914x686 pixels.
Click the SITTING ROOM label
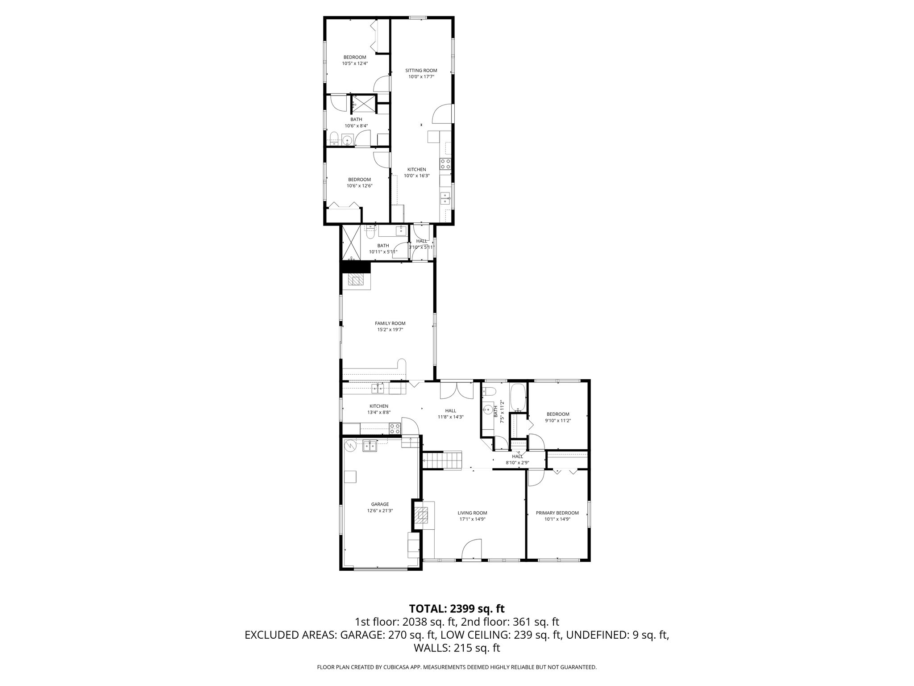click(421, 71)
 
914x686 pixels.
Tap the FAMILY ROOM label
click(390, 323)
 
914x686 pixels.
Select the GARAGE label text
click(380, 504)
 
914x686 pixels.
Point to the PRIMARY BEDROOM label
click(557, 513)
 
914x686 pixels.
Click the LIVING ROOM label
click(472, 513)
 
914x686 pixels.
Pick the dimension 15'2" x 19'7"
click(390, 330)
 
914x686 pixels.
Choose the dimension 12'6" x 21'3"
click(380, 510)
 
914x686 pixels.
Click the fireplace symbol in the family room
click(356, 280)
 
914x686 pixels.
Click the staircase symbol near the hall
click(442, 460)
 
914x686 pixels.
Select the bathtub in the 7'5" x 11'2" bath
click(518, 397)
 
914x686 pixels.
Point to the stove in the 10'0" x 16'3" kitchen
click(445, 164)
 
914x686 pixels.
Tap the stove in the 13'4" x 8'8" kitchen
click(395, 429)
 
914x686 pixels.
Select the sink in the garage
click(370, 445)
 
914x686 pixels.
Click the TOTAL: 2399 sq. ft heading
click(457, 608)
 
